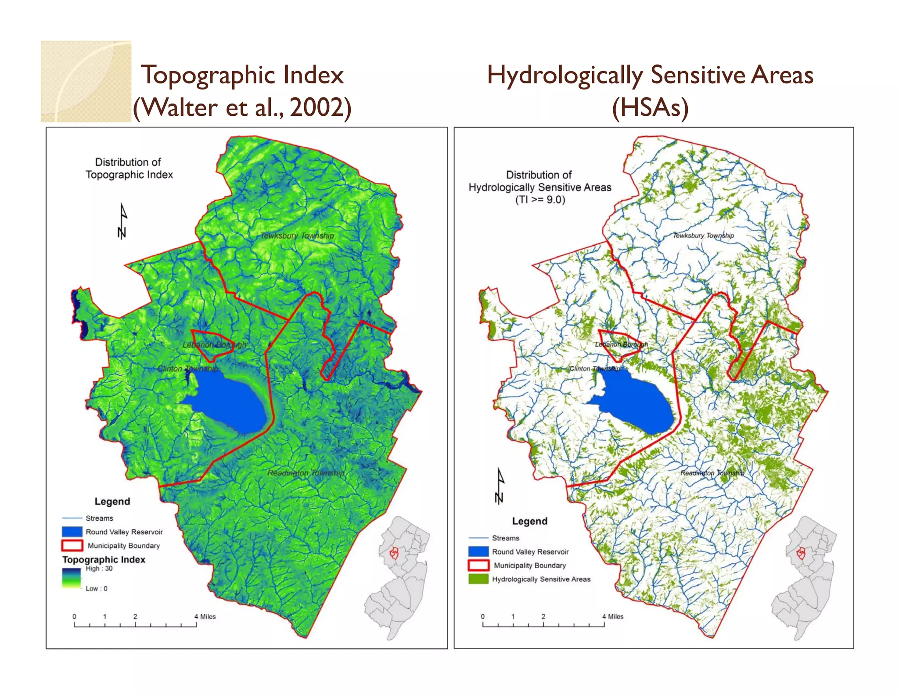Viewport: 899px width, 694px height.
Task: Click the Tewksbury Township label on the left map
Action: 297,236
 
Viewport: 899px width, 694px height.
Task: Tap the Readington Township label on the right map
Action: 712,473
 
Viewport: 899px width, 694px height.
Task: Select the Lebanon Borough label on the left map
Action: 214,345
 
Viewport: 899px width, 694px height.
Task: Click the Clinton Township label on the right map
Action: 595,368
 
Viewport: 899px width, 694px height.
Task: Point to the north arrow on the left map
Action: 122,221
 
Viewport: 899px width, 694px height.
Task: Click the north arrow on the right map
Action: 500,486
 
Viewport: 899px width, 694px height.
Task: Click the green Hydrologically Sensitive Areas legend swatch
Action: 478,579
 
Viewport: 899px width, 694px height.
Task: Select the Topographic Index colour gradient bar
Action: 72,578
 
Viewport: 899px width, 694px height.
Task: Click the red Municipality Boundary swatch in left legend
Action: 72,545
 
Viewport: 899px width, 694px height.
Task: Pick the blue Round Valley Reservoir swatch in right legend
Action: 478,551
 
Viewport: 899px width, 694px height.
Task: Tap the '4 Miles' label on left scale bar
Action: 205,616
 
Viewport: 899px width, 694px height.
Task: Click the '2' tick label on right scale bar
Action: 543,616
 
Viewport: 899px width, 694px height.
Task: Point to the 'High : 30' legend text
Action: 99,569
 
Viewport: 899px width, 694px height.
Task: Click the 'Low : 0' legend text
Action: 96,589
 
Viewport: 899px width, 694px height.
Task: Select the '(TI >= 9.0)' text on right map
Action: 540,200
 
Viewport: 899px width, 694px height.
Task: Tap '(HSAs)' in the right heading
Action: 650,107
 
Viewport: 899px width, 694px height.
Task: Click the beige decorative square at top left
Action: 86,82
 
